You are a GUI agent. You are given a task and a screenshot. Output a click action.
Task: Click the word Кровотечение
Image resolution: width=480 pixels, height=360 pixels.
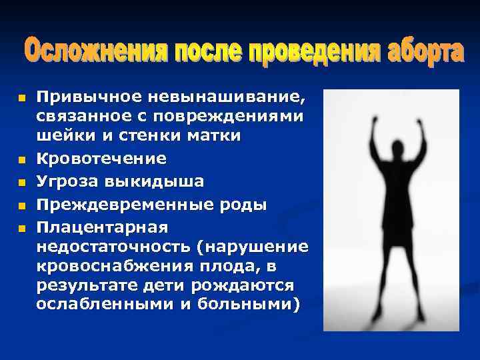tap(101, 159)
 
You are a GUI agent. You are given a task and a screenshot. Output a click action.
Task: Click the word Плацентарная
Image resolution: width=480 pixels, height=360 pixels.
tap(102, 227)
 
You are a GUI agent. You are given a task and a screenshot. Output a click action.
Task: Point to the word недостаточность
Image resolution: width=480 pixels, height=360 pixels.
tap(113, 247)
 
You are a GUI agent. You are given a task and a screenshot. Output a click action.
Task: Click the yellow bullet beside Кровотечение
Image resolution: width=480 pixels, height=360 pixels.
tap(21, 160)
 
